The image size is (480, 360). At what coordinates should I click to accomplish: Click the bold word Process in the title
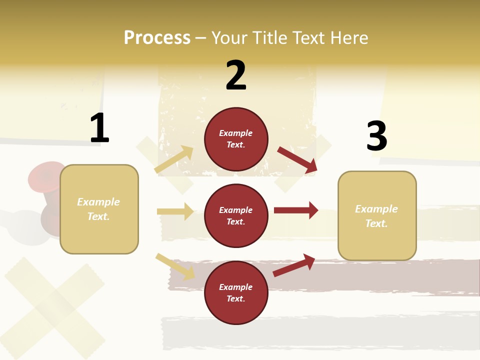click(x=157, y=38)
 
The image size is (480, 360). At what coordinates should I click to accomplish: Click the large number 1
click(x=99, y=128)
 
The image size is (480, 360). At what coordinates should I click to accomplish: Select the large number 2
click(x=236, y=76)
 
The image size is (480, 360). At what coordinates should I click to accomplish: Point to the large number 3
click(x=377, y=136)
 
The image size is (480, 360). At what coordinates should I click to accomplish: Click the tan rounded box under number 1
click(x=99, y=209)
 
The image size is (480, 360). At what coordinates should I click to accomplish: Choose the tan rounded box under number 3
click(x=377, y=215)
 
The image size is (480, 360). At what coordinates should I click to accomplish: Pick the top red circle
click(x=236, y=139)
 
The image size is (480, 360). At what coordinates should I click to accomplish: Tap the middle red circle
click(x=236, y=215)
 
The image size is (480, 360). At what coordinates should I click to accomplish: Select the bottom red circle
click(x=236, y=292)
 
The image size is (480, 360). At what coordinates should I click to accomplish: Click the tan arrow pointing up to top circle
click(x=174, y=159)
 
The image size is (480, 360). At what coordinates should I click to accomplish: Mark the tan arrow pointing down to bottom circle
click(x=175, y=266)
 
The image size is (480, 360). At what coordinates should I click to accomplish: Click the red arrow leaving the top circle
click(x=297, y=159)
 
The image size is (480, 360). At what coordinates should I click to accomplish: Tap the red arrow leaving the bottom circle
click(x=294, y=265)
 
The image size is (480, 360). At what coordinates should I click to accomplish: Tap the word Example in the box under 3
click(x=376, y=209)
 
